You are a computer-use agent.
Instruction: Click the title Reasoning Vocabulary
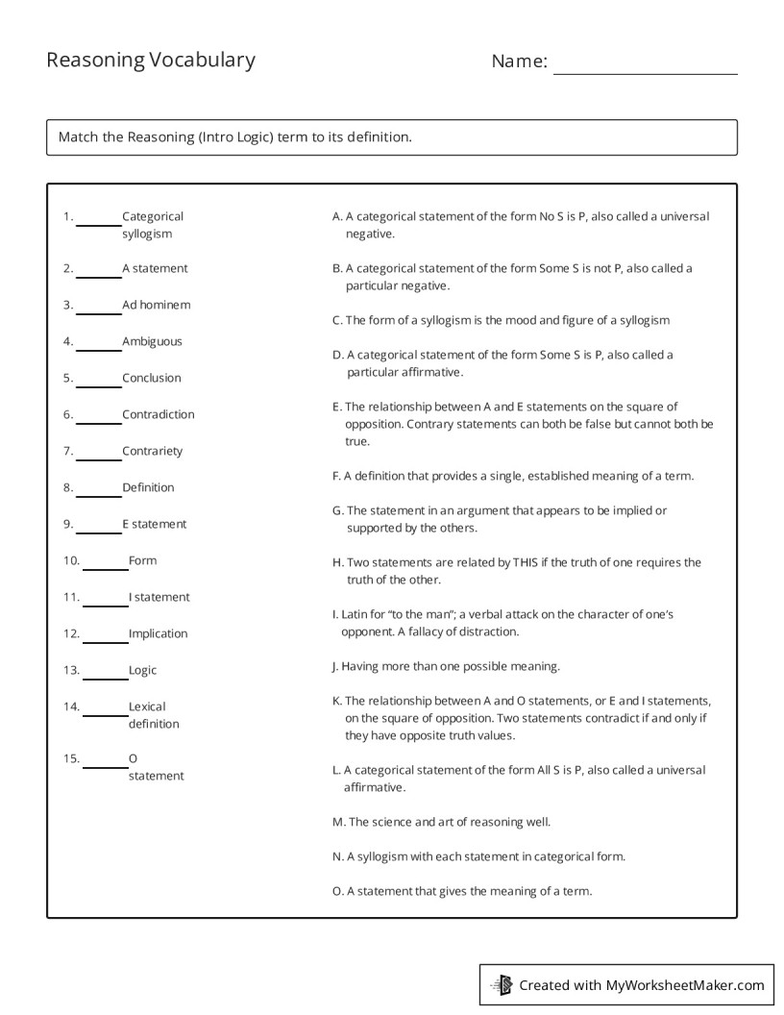(x=151, y=61)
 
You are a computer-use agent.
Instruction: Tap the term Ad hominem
(x=156, y=305)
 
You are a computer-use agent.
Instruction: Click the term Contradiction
(x=158, y=414)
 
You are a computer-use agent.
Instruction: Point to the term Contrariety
(x=152, y=451)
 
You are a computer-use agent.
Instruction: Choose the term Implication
(x=158, y=633)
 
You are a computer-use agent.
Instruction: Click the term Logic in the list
(x=142, y=670)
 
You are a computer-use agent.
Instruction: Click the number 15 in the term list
(x=71, y=758)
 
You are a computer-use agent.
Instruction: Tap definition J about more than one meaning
(x=446, y=666)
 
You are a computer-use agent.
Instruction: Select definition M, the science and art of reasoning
(x=441, y=822)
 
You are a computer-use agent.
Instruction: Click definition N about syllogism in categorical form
(x=478, y=856)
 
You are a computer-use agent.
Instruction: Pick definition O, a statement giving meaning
(x=462, y=891)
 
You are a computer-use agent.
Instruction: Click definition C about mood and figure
(x=501, y=320)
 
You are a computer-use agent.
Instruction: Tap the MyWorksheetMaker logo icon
(x=502, y=985)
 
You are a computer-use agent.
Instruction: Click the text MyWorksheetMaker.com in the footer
(x=684, y=985)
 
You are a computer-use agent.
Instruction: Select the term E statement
(x=154, y=524)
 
